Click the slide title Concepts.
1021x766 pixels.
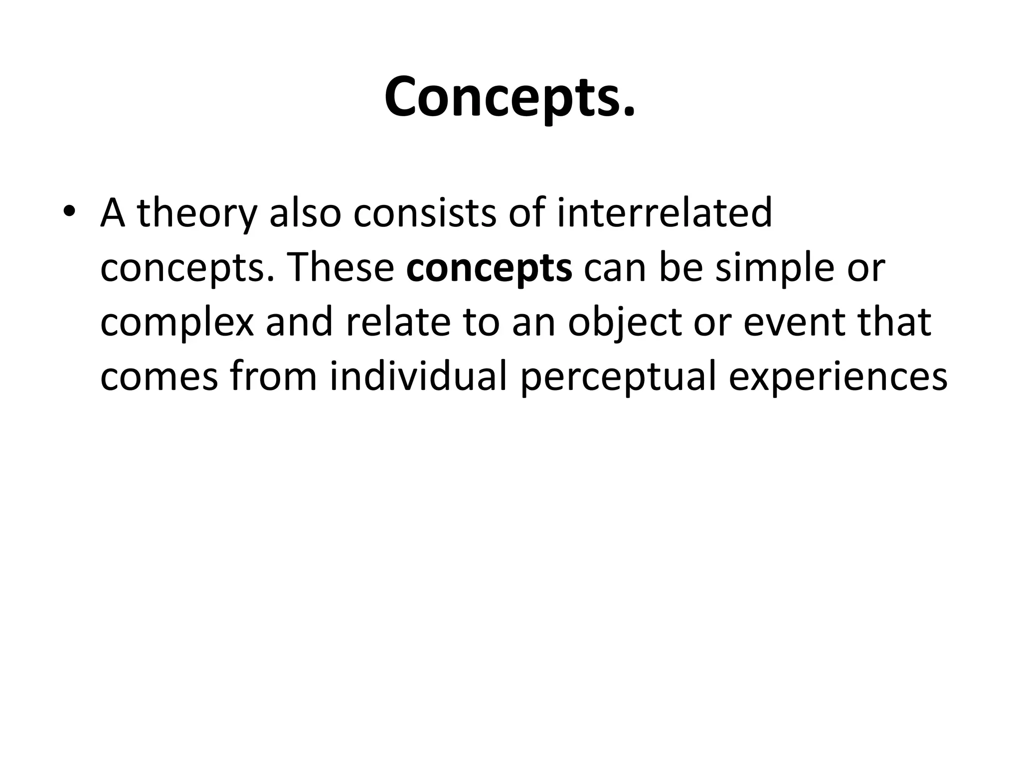pos(510,97)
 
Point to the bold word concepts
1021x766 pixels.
pos(489,268)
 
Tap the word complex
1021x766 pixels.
pos(177,323)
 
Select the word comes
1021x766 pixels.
pos(159,378)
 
